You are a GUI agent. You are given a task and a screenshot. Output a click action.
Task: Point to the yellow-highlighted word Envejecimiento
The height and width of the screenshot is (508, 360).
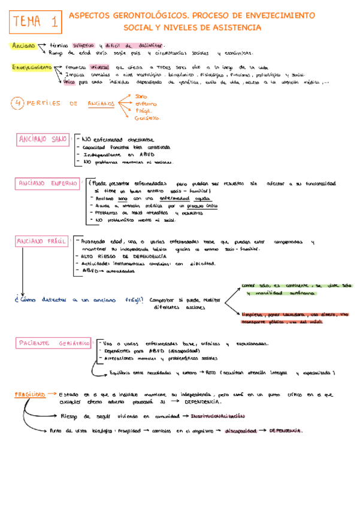pos(31,68)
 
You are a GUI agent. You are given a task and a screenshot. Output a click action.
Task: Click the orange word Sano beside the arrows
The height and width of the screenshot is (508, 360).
pos(142,96)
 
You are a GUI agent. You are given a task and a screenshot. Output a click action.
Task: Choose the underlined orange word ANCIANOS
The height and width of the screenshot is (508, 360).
pos(101,104)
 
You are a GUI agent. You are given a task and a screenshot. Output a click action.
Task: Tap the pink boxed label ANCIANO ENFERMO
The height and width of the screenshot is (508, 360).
pos(46,183)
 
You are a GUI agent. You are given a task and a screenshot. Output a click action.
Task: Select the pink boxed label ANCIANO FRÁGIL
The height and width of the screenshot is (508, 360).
pos(43,241)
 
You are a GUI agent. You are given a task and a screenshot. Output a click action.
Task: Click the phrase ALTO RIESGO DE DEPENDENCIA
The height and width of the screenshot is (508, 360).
pos(119,256)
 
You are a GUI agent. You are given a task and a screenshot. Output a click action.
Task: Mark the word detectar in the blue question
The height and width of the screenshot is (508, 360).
pos(52,300)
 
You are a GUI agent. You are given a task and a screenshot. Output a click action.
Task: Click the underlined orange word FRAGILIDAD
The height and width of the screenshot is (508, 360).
pos(29,395)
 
